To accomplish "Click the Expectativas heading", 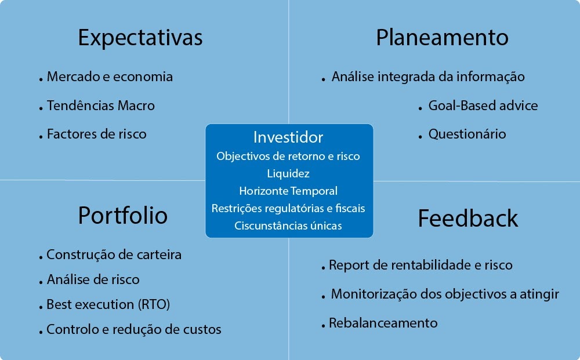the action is [x=140, y=38].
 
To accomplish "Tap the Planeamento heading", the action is [x=442, y=37].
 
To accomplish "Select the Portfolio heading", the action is [x=123, y=216].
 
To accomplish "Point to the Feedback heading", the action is [x=468, y=218].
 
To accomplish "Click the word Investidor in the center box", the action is [x=288, y=137].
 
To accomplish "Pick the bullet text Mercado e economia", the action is [x=110, y=77].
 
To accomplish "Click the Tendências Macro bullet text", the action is [x=100, y=106].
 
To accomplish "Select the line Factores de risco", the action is [x=96, y=134].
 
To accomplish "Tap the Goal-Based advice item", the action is [x=483, y=106].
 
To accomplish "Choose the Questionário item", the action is [x=467, y=134].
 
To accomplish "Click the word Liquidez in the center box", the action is [x=288, y=173].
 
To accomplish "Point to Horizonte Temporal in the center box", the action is [x=288, y=191].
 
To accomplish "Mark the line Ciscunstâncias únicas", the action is [x=288, y=226].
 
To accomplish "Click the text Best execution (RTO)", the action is [x=108, y=304].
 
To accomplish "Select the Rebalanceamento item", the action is [x=383, y=323].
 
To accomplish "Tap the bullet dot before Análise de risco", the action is [x=41, y=283].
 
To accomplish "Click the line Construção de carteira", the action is [x=114, y=254].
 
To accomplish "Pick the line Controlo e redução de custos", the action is [x=134, y=329].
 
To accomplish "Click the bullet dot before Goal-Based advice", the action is [x=420, y=108].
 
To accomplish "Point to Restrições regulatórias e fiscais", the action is [x=288, y=208].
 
